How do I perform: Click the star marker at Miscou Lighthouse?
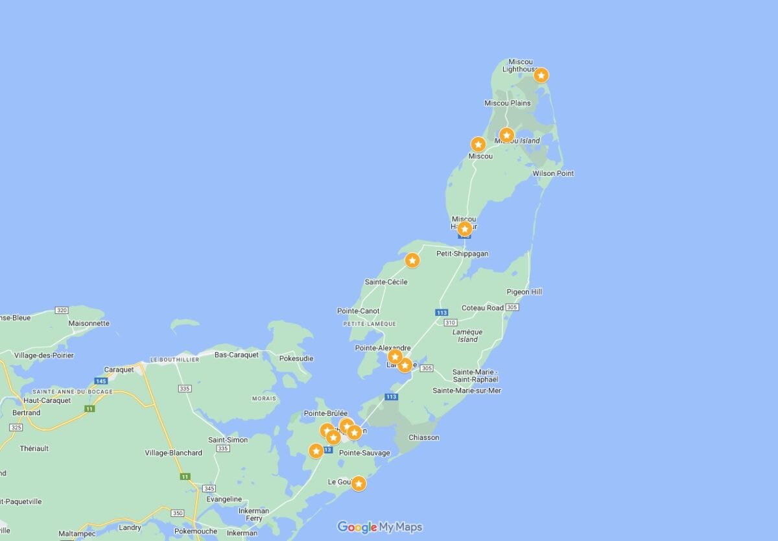click(541, 75)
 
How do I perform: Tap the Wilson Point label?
click(552, 173)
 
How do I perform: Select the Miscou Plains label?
click(507, 103)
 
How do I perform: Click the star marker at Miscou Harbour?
click(464, 229)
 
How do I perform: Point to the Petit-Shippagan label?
click(462, 254)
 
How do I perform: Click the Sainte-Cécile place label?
click(386, 282)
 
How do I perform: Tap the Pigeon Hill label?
click(524, 292)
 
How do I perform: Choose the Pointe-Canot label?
click(358, 311)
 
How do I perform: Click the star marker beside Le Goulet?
click(358, 483)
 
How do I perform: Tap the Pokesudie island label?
click(296, 358)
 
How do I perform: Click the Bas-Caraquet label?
click(236, 355)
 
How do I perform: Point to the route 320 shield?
click(62, 311)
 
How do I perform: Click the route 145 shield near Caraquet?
click(100, 381)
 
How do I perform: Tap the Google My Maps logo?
click(380, 527)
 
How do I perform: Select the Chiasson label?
click(423, 437)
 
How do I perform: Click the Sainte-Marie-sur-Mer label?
click(467, 391)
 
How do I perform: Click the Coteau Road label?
click(482, 307)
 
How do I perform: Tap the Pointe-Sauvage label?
click(364, 453)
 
